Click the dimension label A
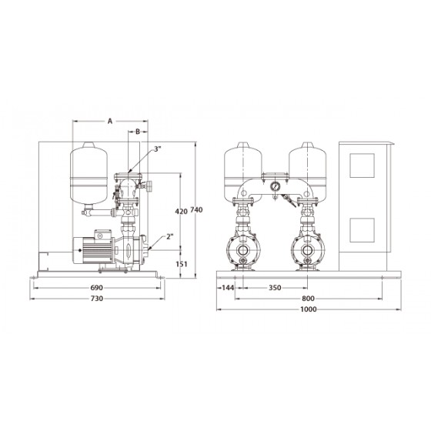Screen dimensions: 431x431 (110, 121)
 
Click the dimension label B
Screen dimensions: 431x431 (138, 132)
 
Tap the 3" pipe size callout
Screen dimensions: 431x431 (157, 149)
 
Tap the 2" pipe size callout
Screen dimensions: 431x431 (170, 236)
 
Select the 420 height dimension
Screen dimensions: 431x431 (181, 211)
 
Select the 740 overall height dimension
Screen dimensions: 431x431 (196, 209)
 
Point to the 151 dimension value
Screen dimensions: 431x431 (182, 264)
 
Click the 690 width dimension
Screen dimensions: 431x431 (96, 288)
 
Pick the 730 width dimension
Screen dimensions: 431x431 (97, 299)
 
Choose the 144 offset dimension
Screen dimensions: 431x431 (228, 288)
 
